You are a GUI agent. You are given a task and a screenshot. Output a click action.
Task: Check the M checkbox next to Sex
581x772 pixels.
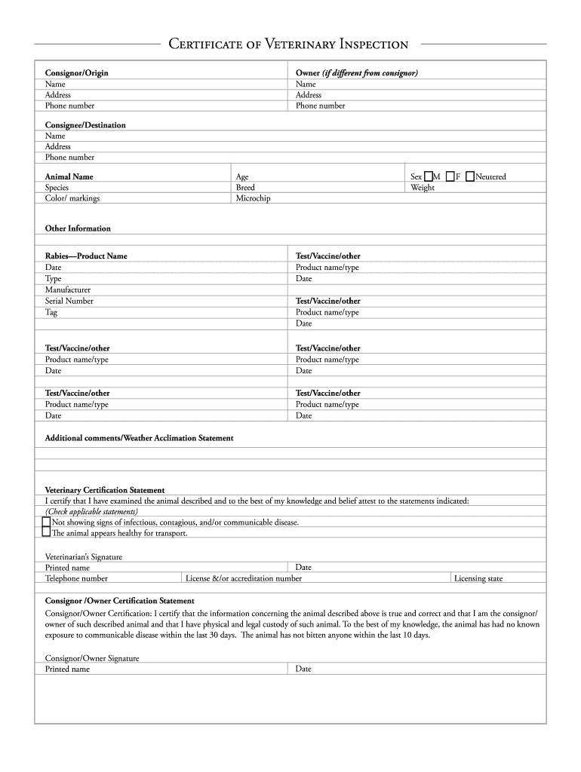coord(428,176)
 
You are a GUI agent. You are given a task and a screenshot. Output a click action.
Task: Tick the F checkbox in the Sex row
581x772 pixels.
coord(450,176)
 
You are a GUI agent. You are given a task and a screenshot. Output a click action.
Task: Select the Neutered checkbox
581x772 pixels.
coord(470,176)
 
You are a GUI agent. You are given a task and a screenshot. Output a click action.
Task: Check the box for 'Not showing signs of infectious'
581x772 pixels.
coord(47,522)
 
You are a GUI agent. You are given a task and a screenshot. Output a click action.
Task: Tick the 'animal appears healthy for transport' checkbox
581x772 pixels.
coord(47,532)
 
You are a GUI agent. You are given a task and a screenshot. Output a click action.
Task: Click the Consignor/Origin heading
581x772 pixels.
coord(76,73)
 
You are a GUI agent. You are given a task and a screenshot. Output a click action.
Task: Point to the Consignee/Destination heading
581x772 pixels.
coord(85,125)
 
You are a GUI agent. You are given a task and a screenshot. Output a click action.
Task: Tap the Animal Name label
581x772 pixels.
coord(69,176)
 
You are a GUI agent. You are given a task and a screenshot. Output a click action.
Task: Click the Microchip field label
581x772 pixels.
coord(253,198)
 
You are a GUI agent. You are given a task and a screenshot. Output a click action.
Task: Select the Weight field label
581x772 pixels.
coord(423,188)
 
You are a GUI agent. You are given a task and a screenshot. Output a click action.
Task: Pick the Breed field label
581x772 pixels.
coord(245,188)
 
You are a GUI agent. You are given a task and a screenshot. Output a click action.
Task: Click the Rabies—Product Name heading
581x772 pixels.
coord(86,256)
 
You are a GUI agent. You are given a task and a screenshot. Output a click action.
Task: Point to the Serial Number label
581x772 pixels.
coord(69,301)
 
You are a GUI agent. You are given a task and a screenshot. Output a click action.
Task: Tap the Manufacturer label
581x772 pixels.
coord(68,289)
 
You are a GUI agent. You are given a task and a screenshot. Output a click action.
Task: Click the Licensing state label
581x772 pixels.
coord(478,579)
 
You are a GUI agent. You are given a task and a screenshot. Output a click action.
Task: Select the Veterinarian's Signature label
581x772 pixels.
coord(84,557)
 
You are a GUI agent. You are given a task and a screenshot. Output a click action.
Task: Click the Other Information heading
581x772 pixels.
coord(78,228)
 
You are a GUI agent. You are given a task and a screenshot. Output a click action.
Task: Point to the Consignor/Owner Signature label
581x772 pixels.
coord(92,658)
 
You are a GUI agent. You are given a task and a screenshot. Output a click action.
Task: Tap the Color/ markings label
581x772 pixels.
coord(72,198)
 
